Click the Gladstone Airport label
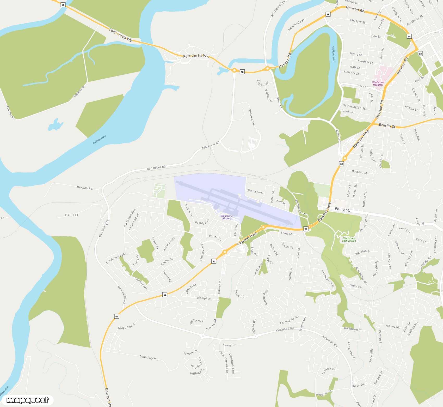point(226,217)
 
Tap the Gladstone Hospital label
point(378,83)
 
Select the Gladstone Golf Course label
point(349,240)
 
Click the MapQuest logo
point(27,400)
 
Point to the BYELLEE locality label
point(72,215)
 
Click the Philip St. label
point(342,209)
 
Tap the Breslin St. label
point(387,125)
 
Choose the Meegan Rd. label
point(85,188)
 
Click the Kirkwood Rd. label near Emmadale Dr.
point(285,329)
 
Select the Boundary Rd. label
point(149,357)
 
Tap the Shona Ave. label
point(255,191)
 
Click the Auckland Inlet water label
point(333,53)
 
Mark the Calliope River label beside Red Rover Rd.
point(100,140)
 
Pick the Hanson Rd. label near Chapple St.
point(355,9)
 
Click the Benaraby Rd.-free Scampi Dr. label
point(204,298)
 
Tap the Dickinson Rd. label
point(353,329)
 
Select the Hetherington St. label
point(354,107)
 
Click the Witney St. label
point(392,326)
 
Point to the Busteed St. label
point(360,172)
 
